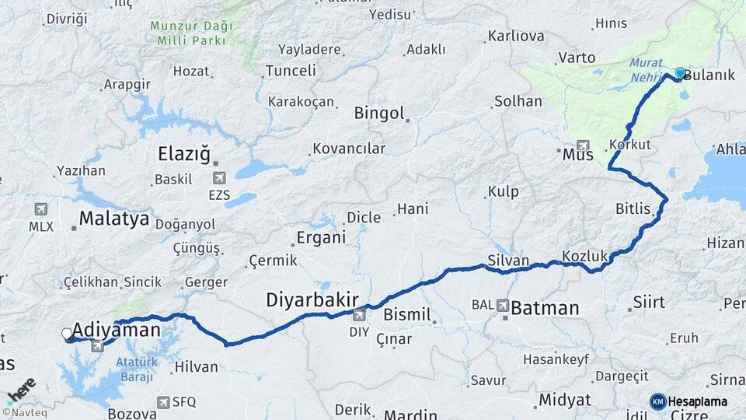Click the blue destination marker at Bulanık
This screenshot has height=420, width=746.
point(680,73)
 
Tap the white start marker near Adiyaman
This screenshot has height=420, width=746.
point(67,334)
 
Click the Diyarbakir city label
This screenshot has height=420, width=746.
point(312,299)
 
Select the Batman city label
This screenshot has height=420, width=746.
point(545,308)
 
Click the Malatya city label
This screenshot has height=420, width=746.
point(113,219)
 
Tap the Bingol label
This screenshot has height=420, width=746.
point(379,114)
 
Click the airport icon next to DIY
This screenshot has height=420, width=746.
point(358,315)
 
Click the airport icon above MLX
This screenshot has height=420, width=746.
point(40,209)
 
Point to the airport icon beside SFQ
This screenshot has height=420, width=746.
point(162,402)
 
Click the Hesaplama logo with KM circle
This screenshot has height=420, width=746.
point(688,401)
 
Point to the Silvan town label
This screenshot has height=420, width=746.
point(508,261)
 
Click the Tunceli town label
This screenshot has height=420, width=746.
point(291,71)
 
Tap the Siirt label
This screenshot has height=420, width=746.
point(649,302)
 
